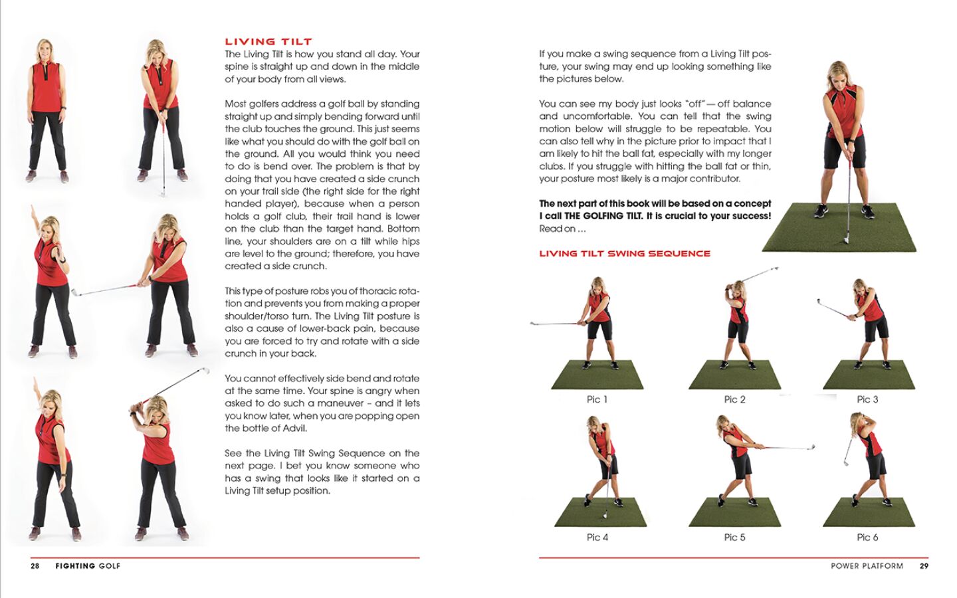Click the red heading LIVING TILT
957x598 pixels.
pyautogui.click(x=268, y=41)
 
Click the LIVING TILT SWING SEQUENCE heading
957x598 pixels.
pyautogui.click(x=624, y=253)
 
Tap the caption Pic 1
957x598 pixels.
pyautogui.click(x=596, y=399)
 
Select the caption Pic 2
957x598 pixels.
pyautogui.click(x=734, y=399)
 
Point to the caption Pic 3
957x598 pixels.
pyautogui.click(x=867, y=399)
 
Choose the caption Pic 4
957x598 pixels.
pyautogui.click(x=597, y=537)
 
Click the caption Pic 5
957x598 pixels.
pyautogui.click(x=734, y=537)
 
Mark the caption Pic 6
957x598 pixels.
pyautogui.click(x=867, y=537)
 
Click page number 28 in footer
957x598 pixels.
pyautogui.click(x=35, y=566)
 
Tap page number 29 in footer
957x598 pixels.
pyautogui.click(x=924, y=566)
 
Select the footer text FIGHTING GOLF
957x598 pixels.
pyautogui.click(x=88, y=566)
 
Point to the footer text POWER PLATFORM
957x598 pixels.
pyautogui.click(x=867, y=566)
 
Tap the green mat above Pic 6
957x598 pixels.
pyautogui.click(x=869, y=512)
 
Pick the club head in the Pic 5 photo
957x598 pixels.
pyautogui.click(x=811, y=448)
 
